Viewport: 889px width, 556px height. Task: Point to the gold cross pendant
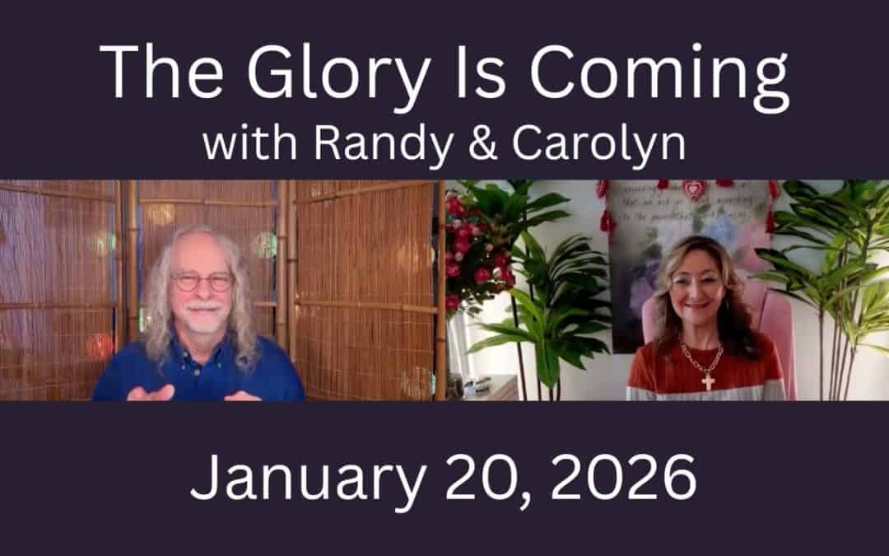(x=705, y=380)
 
